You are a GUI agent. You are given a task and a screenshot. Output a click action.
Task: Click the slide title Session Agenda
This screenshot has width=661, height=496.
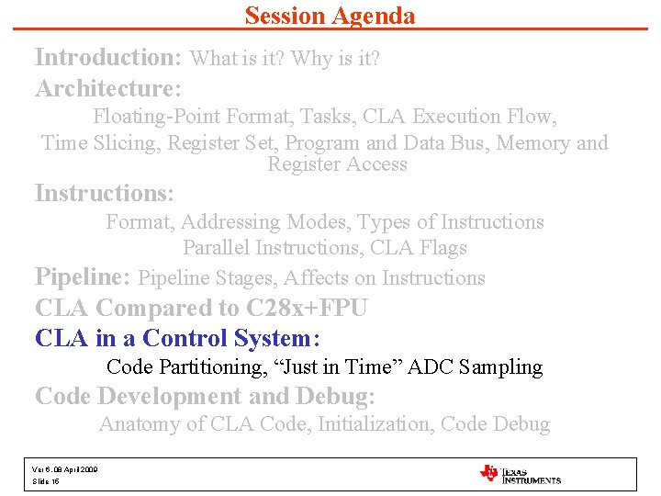(330, 16)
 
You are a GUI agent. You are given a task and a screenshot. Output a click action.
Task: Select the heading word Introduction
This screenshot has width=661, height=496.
(106, 58)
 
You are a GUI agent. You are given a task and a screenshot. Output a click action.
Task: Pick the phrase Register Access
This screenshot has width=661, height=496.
(337, 165)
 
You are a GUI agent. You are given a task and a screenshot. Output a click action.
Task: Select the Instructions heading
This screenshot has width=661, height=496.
(104, 194)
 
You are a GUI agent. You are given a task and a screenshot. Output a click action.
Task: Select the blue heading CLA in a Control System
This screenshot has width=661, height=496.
(176, 338)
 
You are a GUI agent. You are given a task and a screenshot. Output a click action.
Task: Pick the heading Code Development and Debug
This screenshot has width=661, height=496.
(205, 396)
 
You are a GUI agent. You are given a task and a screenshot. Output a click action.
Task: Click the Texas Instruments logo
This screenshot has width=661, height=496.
(520, 474)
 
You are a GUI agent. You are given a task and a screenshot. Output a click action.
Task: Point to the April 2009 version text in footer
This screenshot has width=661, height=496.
(65, 469)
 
